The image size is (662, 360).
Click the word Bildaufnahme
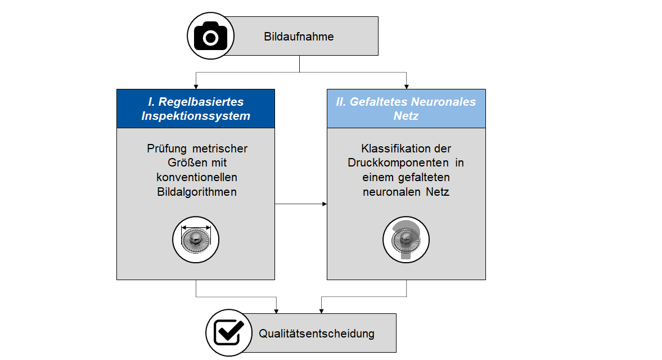(299, 37)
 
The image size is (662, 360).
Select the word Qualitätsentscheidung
(316, 334)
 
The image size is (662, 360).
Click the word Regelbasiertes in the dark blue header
(201, 102)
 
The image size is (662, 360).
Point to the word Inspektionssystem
(196, 116)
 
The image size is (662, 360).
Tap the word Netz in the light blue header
(406, 116)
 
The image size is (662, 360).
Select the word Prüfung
(167, 149)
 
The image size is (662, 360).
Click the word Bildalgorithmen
(196, 191)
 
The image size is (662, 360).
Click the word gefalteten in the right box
(424, 177)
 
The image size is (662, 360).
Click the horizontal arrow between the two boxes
(301, 204)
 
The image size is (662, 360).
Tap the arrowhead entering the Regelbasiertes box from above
(196, 86)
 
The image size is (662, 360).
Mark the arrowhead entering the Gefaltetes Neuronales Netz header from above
(406, 86)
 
